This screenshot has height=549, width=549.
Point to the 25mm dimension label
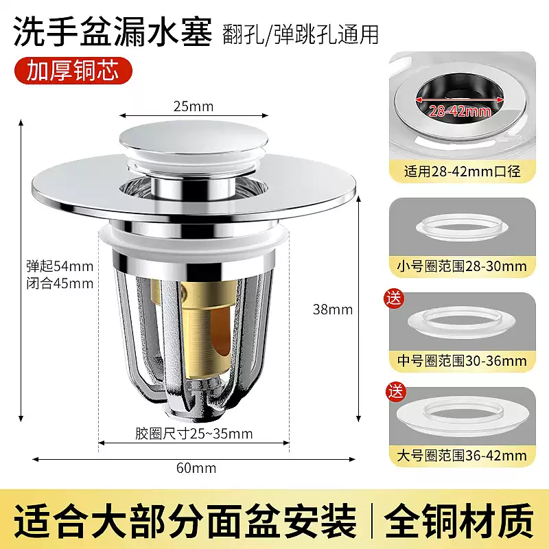(193, 106)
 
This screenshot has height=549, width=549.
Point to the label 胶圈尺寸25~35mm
(194, 433)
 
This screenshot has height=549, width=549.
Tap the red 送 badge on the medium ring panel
(396, 300)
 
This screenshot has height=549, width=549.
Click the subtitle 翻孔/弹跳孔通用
(301, 34)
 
